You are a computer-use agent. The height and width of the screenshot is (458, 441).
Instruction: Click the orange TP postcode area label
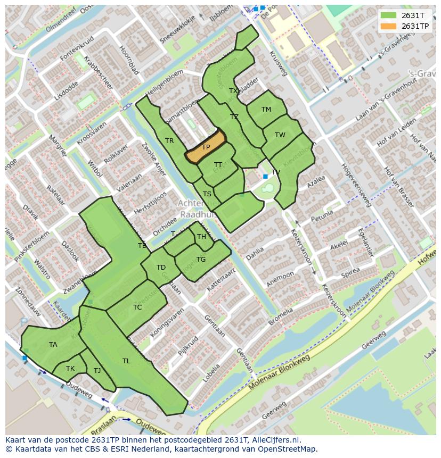point(206,147)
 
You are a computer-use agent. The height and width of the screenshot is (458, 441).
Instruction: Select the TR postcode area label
point(169,141)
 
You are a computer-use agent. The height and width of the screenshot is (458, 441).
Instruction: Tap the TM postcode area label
point(266,110)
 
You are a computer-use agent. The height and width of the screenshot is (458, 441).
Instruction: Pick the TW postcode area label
point(280,135)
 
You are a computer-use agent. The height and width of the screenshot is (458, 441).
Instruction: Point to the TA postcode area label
point(53,345)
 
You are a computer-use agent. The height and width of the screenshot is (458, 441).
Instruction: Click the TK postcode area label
point(70,369)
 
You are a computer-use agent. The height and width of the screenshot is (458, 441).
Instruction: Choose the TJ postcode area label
point(97,371)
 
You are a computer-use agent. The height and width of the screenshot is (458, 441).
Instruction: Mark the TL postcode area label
point(126,361)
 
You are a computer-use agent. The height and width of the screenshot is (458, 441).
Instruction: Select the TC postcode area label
point(137,307)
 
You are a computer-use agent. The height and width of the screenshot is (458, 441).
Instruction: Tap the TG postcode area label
point(201,260)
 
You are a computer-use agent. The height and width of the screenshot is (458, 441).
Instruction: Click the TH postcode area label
point(201,237)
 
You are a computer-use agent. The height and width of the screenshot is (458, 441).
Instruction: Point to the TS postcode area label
point(207,194)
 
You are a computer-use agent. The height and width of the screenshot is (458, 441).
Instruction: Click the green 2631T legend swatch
point(389,15)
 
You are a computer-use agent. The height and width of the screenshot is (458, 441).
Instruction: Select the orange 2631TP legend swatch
point(389,26)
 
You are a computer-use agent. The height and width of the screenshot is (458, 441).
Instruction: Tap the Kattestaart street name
point(220,279)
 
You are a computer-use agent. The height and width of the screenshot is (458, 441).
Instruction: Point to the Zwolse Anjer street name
point(154,159)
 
